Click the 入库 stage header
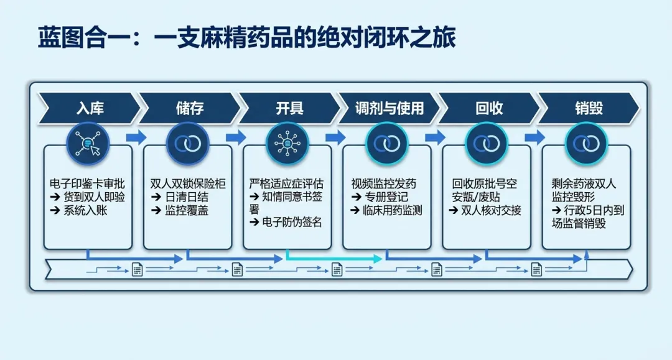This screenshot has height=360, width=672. (x=90, y=108)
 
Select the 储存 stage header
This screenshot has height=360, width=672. (x=190, y=108)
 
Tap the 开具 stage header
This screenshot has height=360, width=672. (x=290, y=108)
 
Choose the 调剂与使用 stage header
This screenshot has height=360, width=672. (x=389, y=108)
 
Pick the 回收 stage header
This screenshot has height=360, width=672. (x=489, y=108)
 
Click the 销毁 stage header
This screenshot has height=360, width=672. (x=589, y=108)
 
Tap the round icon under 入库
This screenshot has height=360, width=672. (x=88, y=144)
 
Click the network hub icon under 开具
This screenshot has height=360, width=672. (x=287, y=144)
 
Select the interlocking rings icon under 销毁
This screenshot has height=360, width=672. (x=586, y=144)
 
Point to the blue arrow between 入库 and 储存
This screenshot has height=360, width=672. (x=136, y=137)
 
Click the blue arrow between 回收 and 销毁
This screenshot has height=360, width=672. (x=535, y=137)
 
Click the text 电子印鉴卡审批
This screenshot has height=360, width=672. (x=87, y=183)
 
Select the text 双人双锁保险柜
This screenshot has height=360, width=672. (x=188, y=183)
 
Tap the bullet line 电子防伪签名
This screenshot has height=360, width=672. (x=286, y=222)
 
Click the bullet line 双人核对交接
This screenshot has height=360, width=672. (x=485, y=210)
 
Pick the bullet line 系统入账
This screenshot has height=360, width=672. (x=78, y=210)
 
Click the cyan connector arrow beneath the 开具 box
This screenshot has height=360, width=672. (x=334, y=258)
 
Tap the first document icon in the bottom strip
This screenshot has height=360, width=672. (x=137, y=270)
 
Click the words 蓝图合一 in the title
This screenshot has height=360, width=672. (x=72, y=37)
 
